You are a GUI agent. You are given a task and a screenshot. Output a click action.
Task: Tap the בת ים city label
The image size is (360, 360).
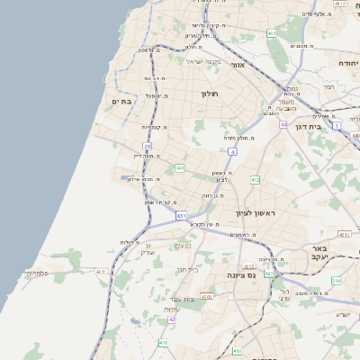[123, 103]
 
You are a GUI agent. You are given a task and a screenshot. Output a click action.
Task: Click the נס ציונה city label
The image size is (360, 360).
[242, 274]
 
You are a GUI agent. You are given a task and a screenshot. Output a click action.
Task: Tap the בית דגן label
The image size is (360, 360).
[307, 127]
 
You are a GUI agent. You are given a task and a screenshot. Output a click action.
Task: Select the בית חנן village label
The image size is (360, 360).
[186, 269]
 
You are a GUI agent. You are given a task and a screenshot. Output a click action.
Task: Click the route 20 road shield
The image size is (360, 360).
[147, 146]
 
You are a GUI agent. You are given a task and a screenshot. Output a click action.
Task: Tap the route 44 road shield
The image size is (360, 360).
[283, 125]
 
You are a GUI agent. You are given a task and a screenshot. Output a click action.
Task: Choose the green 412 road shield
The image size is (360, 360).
[255, 180]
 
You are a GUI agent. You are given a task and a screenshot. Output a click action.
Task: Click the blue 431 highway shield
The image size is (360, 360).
[181, 216]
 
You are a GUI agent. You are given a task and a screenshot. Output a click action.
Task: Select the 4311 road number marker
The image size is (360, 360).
[101, 271]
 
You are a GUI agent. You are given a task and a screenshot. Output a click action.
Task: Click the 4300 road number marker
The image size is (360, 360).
[206, 296]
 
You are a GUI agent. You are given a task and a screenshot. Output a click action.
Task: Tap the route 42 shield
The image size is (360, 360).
[172, 319]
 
